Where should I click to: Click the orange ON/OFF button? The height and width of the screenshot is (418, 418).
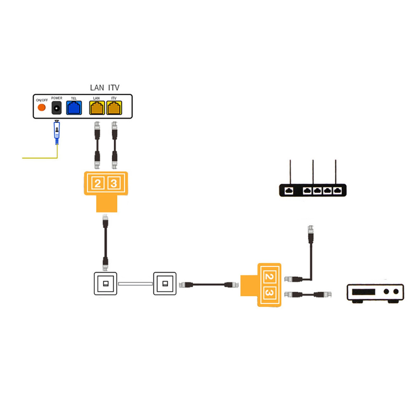[42, 107]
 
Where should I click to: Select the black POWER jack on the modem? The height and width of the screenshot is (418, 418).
[56, 108]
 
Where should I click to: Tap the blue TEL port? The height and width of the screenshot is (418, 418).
[74, 108]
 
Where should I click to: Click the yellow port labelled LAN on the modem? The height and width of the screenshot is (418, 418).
[97, 108]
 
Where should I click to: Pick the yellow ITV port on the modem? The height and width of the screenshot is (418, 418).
[114, 108]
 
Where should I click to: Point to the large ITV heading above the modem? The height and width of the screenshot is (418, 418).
[114, 88]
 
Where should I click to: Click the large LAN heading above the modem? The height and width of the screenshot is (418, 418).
[97, 88]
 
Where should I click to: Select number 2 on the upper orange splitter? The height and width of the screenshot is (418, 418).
[98, 183]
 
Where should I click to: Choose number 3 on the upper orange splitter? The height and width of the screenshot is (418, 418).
[114, 183]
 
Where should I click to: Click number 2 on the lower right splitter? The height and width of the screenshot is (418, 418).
[269, 277]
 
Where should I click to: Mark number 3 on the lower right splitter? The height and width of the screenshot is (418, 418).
[269, 293]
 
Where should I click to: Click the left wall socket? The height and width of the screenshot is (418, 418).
[106, 283]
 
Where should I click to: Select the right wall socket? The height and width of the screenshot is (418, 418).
[165, 283]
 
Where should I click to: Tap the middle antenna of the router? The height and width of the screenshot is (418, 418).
[313, 172]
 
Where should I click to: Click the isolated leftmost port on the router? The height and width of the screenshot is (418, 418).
[289, 191]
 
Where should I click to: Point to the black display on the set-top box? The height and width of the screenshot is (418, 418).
[364, 292]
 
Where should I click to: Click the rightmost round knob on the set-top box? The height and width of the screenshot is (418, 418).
[396, 291]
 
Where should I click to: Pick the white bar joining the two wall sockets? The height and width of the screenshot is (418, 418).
[135, 284]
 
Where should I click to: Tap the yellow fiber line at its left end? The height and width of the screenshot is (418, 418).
[22, 158]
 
